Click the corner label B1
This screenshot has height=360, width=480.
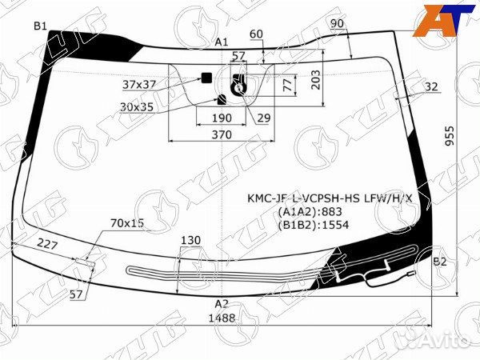click(40, 26)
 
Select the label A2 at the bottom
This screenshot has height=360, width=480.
click(222, 303)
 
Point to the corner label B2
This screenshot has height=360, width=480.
click(439, 262)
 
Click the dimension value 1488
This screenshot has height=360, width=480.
click(222, 318)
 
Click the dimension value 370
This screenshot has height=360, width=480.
click(222, 135)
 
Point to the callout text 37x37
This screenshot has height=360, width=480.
click(139, 83)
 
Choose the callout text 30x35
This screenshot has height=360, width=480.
click(137, 106)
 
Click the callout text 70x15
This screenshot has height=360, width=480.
click(126, 223)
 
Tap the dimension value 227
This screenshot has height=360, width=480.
click(49, 246)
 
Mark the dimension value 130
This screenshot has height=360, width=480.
click(190, 241)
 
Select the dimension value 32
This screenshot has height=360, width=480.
click(431, 86)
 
